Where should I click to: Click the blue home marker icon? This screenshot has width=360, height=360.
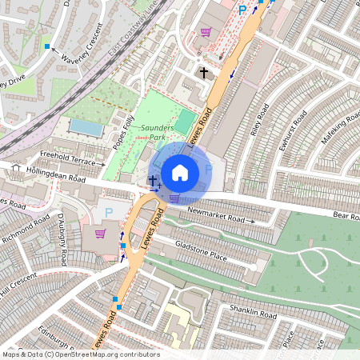(180, 173)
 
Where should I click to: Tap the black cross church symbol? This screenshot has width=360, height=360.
(204, 73)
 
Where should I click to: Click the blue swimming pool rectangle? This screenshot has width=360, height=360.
(86, 127)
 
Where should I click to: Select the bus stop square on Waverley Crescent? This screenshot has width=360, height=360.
(48, 47)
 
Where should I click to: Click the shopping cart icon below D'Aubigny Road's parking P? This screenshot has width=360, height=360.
(101, 234)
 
